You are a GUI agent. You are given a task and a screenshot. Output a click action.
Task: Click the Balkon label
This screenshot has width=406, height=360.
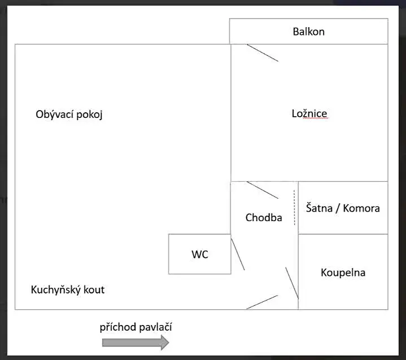tap(308, 32)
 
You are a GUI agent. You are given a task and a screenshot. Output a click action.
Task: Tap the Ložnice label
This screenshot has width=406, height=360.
tap(309, 113)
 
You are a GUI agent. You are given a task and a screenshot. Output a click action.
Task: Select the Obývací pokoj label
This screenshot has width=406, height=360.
tap(69, 114)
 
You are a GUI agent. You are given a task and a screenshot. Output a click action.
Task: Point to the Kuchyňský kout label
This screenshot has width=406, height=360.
tap(67, 290)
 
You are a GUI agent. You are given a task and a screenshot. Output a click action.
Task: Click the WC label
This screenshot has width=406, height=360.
tap(200, 254)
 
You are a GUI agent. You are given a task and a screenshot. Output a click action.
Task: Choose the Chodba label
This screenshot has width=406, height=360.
tap(264, 217)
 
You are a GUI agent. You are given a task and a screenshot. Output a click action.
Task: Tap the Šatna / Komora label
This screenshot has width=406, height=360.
tap(343, 208)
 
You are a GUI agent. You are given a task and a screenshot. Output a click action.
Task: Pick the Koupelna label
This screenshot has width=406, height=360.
tap(343, 273)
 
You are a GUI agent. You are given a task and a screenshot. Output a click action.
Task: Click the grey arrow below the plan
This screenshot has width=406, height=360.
tap(136, 342)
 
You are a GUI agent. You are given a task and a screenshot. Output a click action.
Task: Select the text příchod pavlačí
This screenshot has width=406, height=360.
tap(136, 327)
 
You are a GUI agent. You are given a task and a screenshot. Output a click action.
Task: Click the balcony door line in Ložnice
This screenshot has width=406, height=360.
tap(263, 52)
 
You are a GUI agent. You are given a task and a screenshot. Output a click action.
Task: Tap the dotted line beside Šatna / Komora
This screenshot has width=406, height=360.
tap(294, 208)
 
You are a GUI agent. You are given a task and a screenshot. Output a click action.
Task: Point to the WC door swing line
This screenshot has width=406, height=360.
tap(238, 254)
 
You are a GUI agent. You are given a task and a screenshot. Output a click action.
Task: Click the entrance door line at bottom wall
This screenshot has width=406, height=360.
tap(262, 302)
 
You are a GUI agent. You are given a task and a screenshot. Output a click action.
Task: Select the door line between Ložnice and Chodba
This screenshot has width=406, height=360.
tap(263, 190)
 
